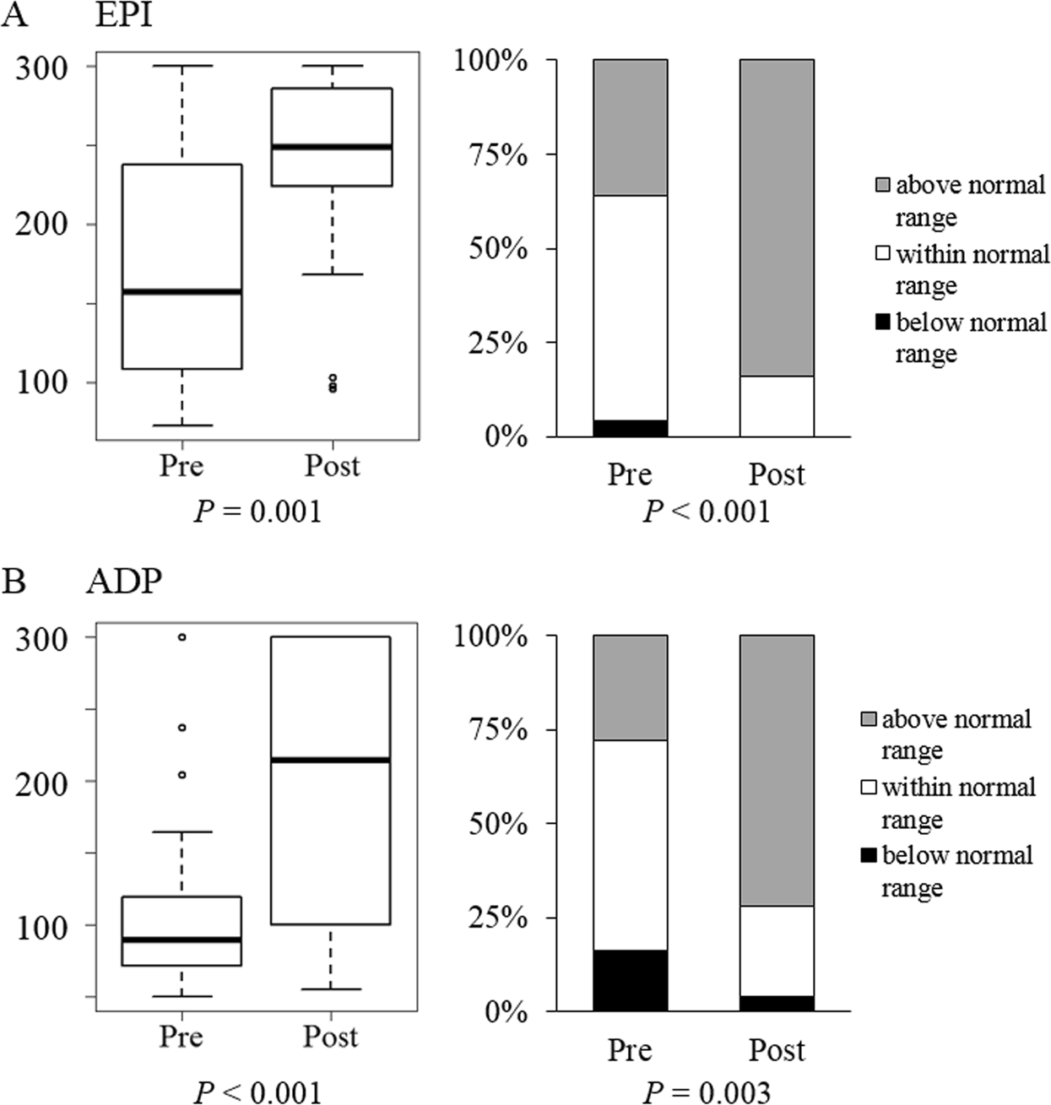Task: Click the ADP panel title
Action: pos(123,582)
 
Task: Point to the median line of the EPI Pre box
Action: pos(181,292)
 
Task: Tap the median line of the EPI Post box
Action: pos(332,147)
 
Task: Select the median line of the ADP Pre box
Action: pos(181,940)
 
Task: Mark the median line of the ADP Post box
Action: pos(330,761)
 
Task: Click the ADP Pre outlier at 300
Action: pos(181,637)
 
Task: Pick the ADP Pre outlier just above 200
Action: pos(181,775)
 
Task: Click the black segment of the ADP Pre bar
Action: pos(630,980)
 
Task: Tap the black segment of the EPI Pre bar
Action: pos(630,428)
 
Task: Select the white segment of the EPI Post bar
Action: pos(777,406)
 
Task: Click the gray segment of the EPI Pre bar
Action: pos(630,127)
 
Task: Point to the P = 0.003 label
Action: pos(706,1093)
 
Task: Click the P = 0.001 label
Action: pos(257,512)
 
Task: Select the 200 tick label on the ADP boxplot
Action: pos(42,783)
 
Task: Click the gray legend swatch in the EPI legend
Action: pos(882,185)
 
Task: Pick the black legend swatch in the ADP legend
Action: pos(868,856)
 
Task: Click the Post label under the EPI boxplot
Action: pos(332,466)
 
